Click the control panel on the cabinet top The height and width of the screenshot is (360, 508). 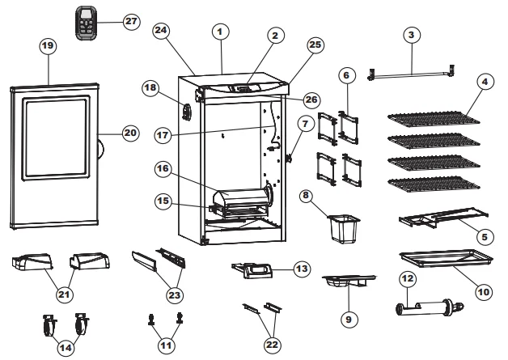tap(243, 86)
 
